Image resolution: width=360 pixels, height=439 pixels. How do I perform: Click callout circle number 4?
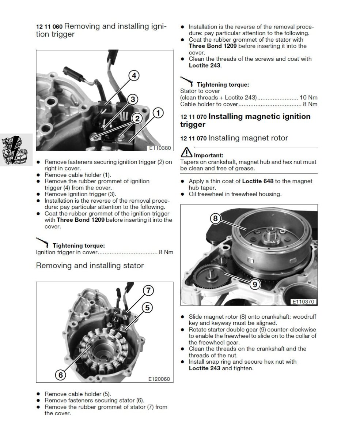tap(134, 76)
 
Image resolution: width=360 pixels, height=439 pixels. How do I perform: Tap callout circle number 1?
tap(158, 113)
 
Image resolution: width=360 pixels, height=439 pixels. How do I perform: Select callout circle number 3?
tap(133, 99)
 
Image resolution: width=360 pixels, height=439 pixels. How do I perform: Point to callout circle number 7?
tap(148, 291)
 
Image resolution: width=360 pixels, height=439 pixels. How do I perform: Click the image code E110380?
tap(159, 149)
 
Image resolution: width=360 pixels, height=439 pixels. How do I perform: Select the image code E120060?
tap(159, 379)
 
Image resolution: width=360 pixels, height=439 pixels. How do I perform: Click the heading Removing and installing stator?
tap(90, 266)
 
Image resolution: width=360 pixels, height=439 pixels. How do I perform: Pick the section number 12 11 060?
tap(49, 27)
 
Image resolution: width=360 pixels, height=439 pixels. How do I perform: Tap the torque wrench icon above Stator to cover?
tap(187, 81)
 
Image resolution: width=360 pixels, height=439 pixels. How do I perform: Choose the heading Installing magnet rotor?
tap(248, 138)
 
